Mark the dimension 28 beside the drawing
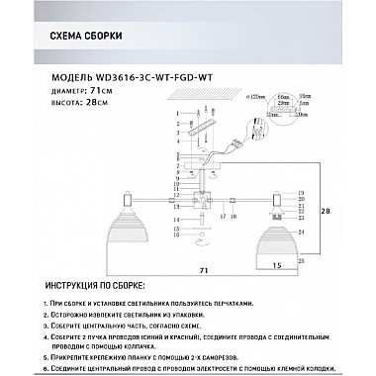coord(329,211)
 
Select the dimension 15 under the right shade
coord(278,264)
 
